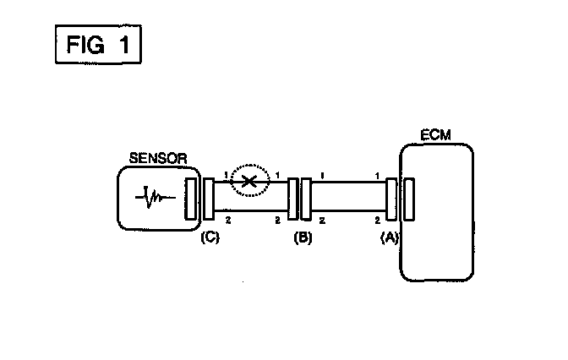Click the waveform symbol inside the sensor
[x=156, y=199]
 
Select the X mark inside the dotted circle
[x=248, y=181]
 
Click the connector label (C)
[x=210, y=237]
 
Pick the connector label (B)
[x=303, y=237]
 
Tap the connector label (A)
[x=389, y=237]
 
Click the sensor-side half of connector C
[x=191, y=199]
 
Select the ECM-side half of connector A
[x=408, y=199]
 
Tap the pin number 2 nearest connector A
[x=376, y=221]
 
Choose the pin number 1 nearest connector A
[x=376, y=175]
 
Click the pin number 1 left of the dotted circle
[x=227, y=175]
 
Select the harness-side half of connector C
[x=208, y=199]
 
